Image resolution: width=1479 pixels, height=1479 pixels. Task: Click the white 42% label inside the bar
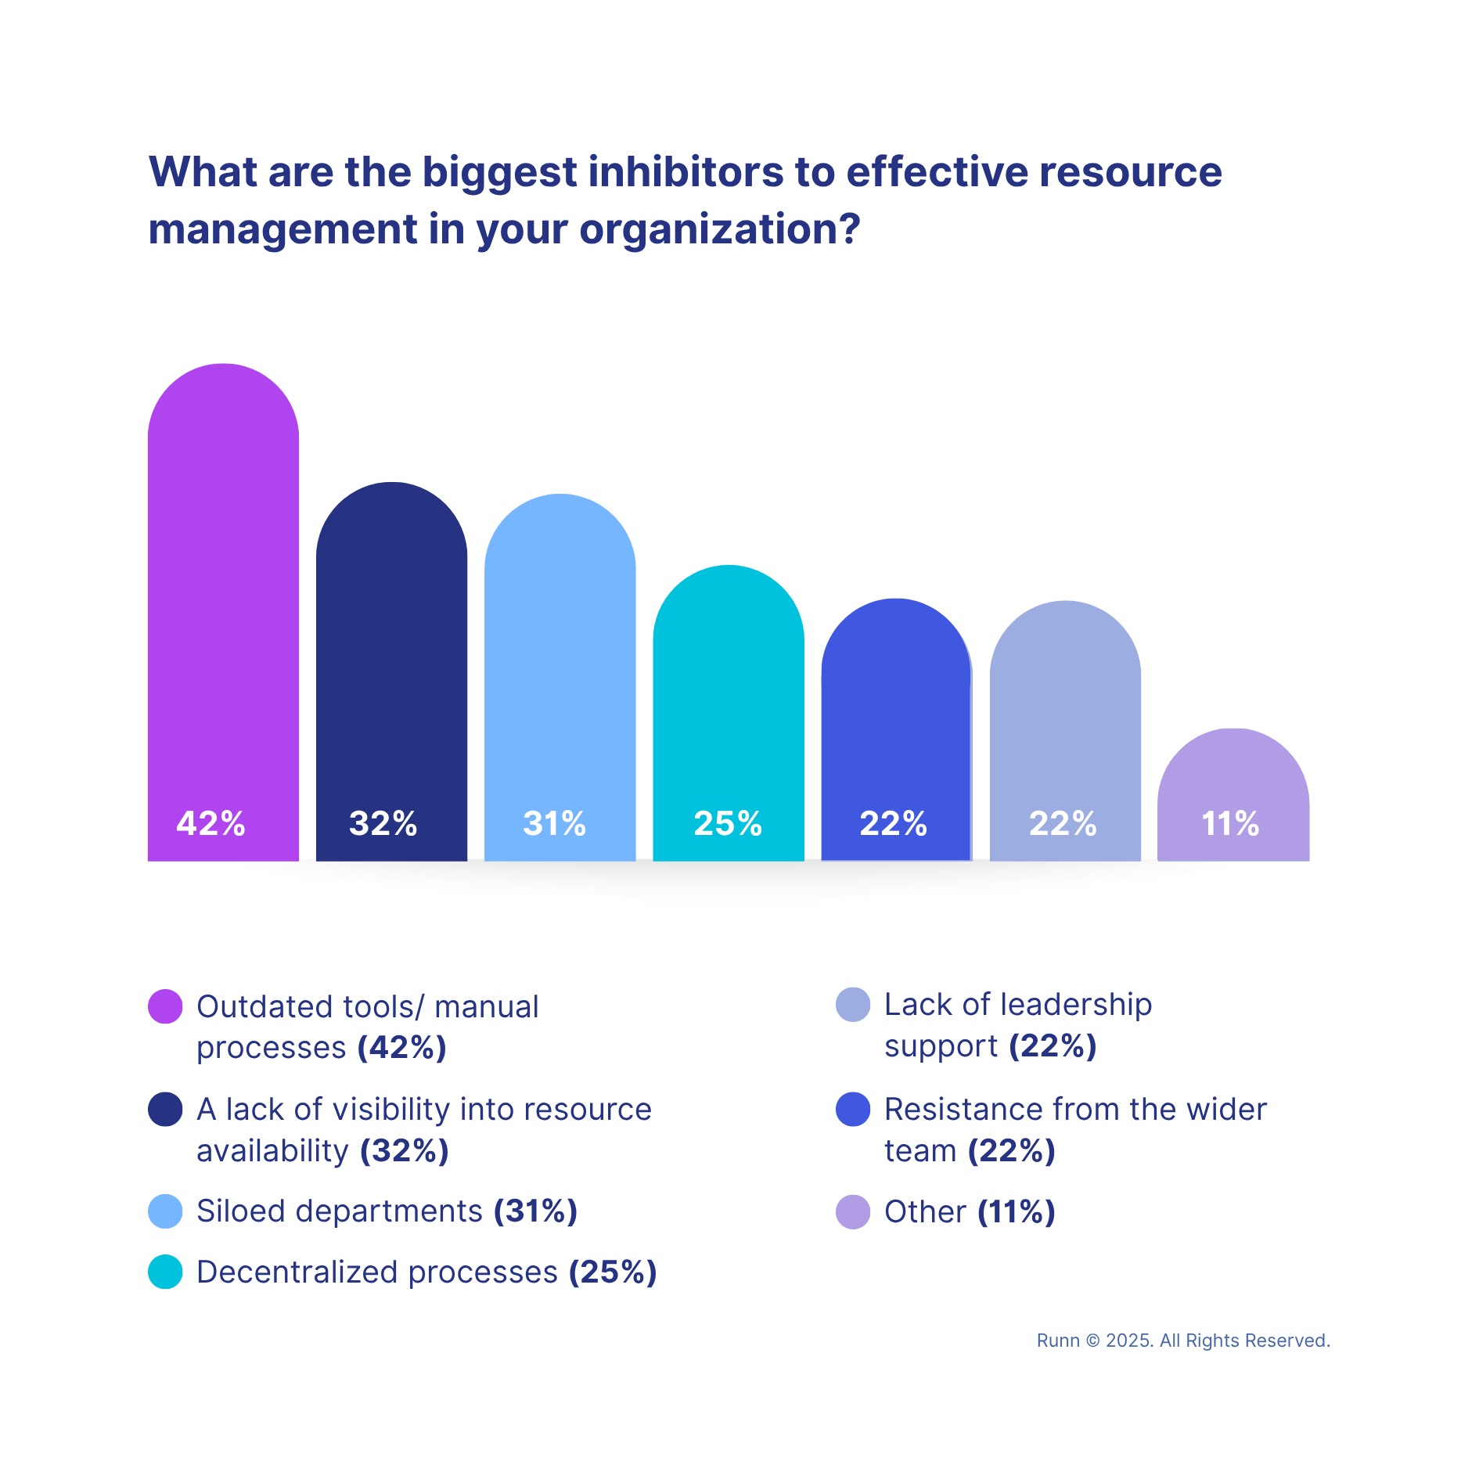point(211,823)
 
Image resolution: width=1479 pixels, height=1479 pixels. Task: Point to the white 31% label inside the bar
point(554,823)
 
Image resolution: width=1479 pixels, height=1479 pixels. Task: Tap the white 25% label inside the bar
point(728,823)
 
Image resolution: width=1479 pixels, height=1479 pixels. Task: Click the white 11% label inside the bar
point(1230,823)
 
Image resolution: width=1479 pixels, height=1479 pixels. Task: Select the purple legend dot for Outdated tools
point(165,1006)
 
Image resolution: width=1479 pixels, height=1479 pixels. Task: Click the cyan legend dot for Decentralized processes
point(165,1272)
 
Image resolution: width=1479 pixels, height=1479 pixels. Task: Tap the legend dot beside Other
point(853,1212)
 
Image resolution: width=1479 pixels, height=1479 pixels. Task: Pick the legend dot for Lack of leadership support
point(853,1005)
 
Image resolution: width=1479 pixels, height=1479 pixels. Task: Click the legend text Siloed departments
point(340,1211)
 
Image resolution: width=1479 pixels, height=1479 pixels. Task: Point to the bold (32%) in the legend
point(404,1151)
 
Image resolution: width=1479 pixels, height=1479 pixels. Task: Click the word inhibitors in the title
point(686,172)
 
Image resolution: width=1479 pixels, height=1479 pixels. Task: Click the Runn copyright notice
point(1182,1340)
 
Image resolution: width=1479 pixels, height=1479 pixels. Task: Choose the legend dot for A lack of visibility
point(165,1110)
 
